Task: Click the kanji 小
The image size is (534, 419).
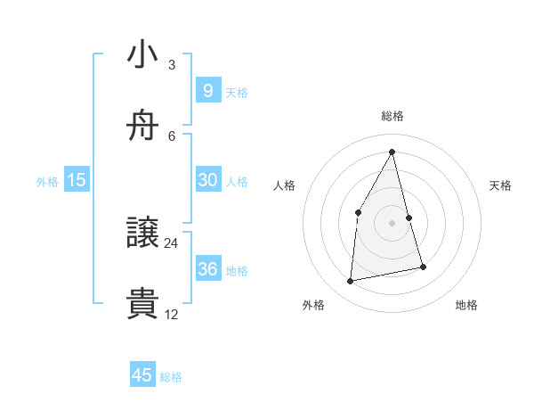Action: tap(143, 54)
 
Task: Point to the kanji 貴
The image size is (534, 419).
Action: tap(143, 304)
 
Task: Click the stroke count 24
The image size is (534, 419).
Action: tap(172, 242)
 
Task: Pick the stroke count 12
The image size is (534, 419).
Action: tap(172, 314)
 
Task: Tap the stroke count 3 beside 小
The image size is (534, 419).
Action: tap(172, 64)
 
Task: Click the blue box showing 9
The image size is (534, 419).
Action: tap(207, 90)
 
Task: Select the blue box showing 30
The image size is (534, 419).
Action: tap(207, 179)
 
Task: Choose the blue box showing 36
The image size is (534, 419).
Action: tap(207, 268)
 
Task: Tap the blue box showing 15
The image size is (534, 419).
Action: tap(77, 179)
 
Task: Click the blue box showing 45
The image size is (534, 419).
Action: tap(142, 375)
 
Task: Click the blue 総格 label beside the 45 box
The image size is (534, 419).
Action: tap(171, 377)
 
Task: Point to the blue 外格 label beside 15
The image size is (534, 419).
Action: tap(47, 181)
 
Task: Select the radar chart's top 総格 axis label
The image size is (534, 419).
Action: tap(392, 116)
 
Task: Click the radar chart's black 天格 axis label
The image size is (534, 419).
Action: tap(501, 185)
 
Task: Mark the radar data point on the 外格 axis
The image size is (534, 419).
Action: tap(351, 282)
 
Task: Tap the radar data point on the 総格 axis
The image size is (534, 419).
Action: tap(392, 152)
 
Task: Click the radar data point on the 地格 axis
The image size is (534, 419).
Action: tap(424, 267)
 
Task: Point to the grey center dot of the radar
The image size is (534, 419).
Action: tap(392, 222)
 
